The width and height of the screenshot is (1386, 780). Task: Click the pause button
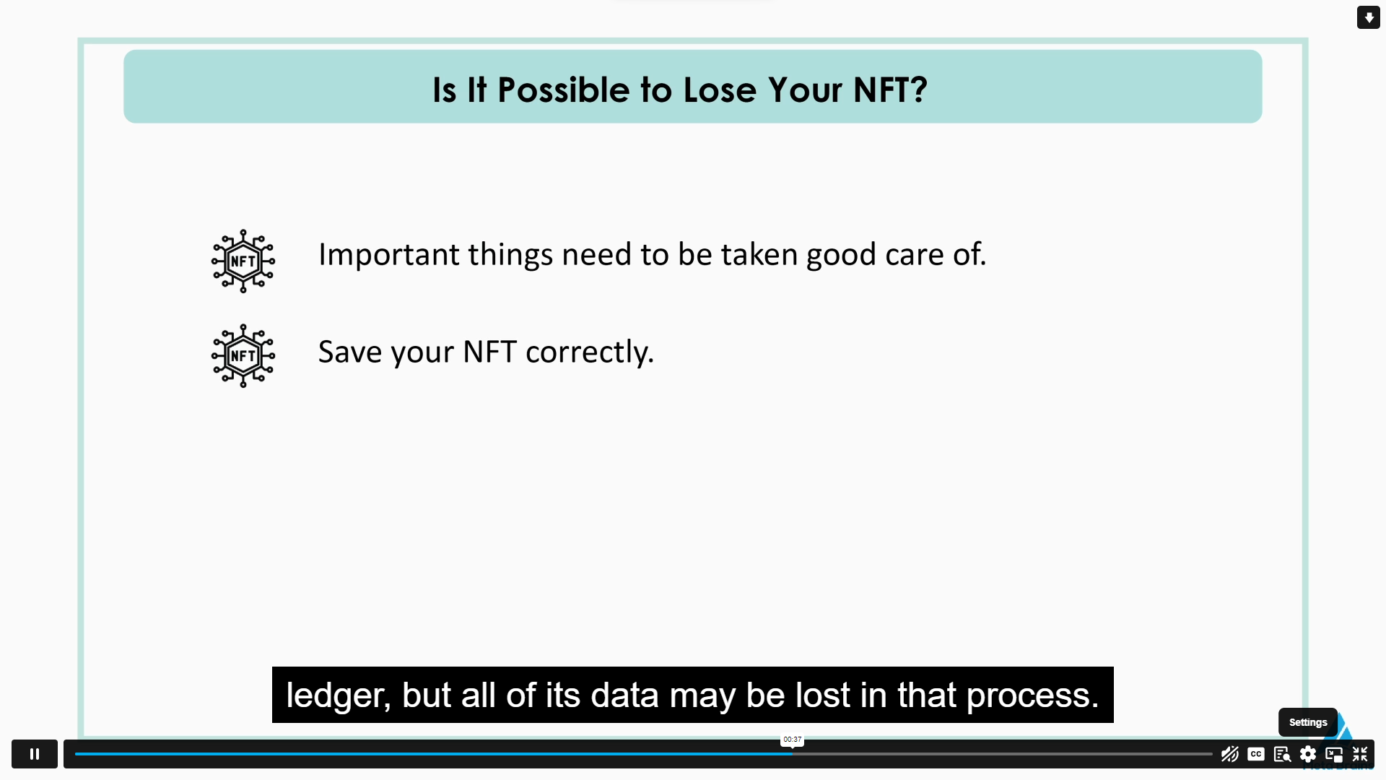34,754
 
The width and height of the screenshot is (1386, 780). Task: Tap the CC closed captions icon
1256,754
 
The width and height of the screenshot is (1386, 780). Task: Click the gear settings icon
1308,754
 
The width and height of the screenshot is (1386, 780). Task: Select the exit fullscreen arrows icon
1360,754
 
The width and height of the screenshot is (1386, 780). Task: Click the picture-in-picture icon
1334,754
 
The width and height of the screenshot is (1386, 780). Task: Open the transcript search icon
1282,754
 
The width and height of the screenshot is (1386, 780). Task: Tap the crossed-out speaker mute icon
1229,754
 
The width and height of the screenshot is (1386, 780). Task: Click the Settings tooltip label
1307,722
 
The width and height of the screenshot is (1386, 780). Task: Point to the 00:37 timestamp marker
792,740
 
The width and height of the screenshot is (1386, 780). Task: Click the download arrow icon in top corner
1369,17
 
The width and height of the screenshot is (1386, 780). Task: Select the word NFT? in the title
890,90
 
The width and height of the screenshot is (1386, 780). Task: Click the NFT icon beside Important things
243,261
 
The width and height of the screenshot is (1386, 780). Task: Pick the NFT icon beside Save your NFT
243,355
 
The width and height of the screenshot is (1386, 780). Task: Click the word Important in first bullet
388,255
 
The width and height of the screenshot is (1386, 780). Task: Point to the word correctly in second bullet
589,352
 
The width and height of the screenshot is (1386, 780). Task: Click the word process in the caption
1032,695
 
